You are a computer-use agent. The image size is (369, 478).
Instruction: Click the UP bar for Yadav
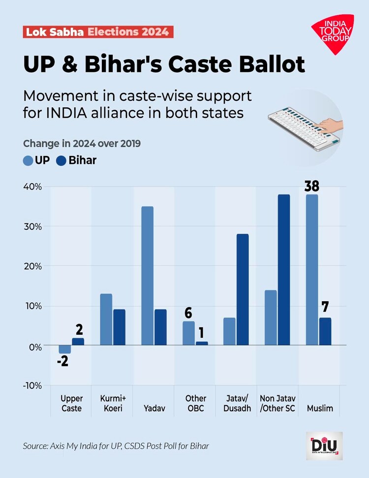(x=147, y=276)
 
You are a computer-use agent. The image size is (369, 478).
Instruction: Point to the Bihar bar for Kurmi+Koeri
(x=119, y=327)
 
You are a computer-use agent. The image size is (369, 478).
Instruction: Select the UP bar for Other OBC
(x=188, y=333)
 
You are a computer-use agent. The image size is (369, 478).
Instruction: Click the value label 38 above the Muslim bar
(x=311, y=186)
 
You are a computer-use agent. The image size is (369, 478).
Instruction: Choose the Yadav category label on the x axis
(x=154, y=408)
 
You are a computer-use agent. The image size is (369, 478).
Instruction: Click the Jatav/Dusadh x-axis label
(x=237, y=403)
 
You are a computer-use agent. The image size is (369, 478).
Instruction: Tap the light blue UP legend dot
(x=28, y=160)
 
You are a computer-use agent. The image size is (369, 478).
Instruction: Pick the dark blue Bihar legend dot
(x=61, y=160)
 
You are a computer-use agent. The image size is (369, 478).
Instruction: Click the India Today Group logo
(x=333, y=33)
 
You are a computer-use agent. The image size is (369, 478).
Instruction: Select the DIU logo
(x=324, y=446)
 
